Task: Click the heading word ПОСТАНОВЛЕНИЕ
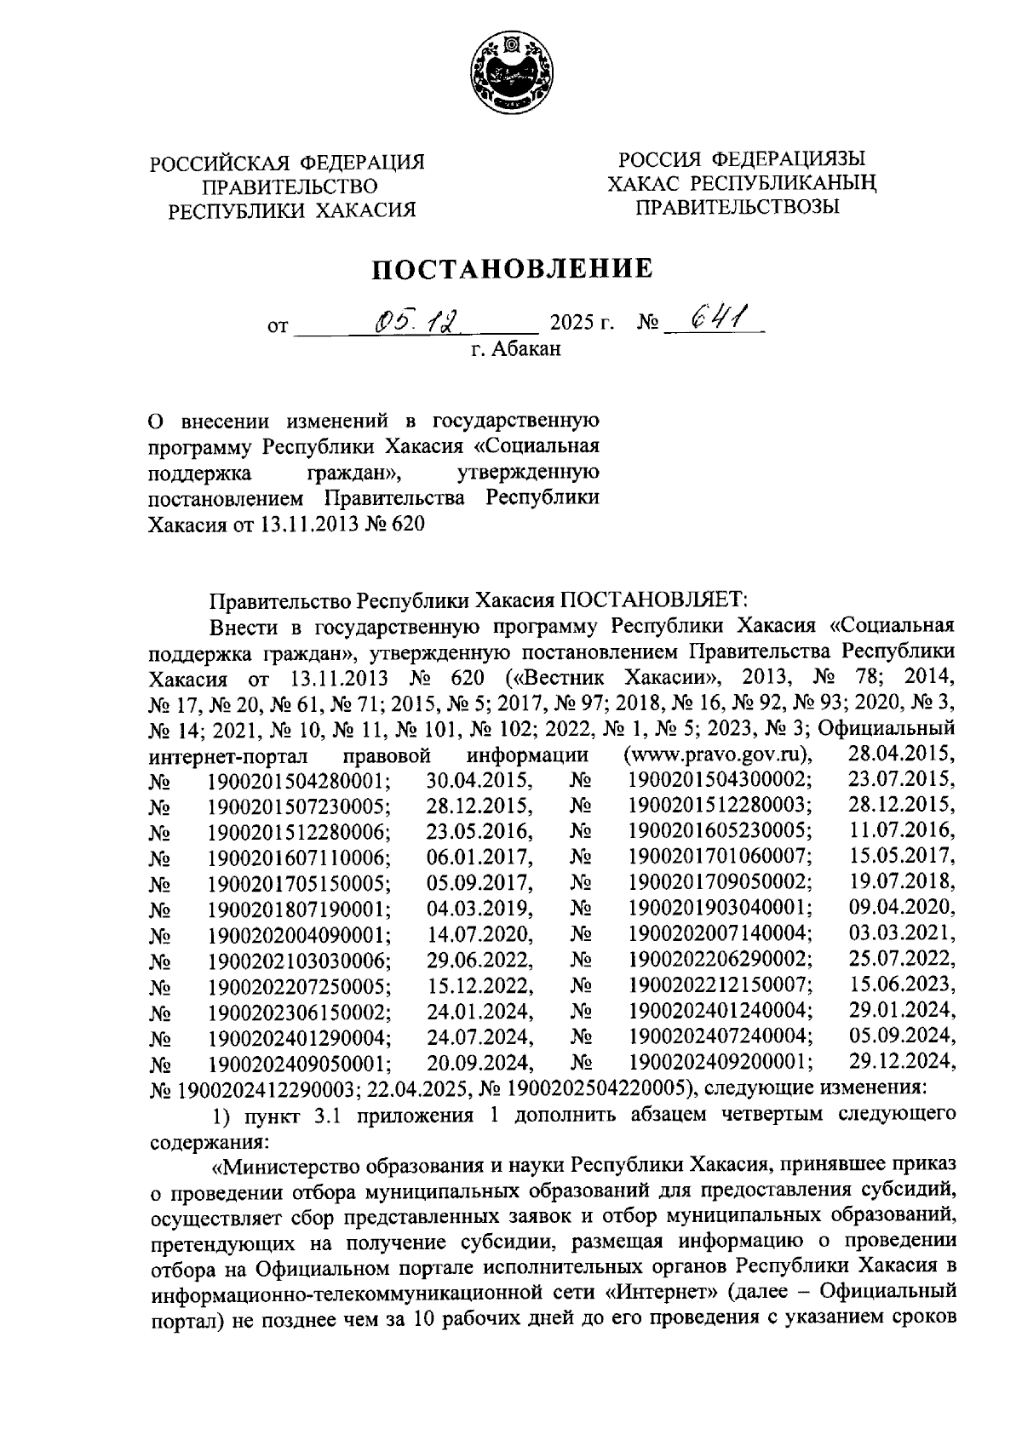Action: point(510,269)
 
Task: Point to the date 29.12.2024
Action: point(903,1060)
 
